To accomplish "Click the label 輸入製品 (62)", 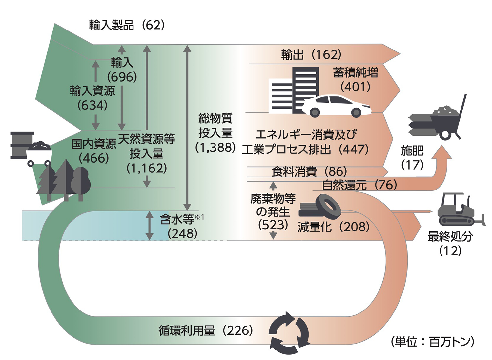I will tap(127, 25).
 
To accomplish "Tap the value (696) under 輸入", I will tap(122, 77).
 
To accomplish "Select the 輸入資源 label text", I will tap(92, 91).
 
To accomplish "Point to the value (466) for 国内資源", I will tap(94, 158).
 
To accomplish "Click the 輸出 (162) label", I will tap(311, 54).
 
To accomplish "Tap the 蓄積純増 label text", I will tap(356, 72).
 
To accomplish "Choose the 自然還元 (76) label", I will tap(359, 185).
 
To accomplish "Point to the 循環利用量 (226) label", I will tap(206, 330).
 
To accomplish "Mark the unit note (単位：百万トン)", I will tap(433, 342).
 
